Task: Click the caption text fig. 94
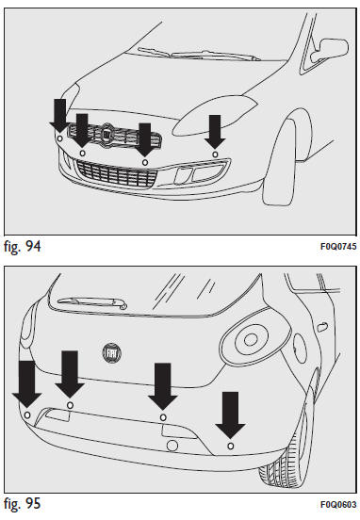(x=23, y=246)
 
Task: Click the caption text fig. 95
(x=23, y=504)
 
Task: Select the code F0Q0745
(x=338, y=247)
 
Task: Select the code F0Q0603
(x=338, y=504)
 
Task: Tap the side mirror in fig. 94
(x=329, y=51)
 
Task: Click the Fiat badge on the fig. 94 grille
(x=106, y=133)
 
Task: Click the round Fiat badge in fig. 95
(x=112, y=353)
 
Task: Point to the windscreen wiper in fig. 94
(x=199, y=54)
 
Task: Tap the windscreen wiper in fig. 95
(x=92, y=302)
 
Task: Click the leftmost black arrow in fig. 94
(x=59, y=116)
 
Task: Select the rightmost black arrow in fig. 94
(x=215, y=132)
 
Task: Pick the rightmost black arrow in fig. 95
(x=230, y=414)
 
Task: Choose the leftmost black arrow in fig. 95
(x=27, y=384)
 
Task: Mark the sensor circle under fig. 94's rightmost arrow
(x=215, y=154)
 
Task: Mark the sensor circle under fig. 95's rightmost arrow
(x=231, y=446)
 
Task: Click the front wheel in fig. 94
(x=279, y=162)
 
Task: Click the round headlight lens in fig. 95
(x=251, y=339)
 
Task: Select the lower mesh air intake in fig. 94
(x=116, y=173)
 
